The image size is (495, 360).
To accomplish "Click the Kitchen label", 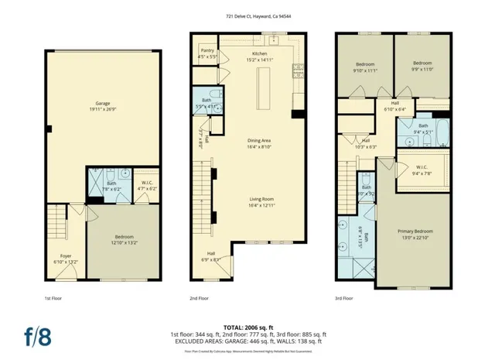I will pos(259,53).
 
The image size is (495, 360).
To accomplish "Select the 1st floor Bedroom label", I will pos(124,238).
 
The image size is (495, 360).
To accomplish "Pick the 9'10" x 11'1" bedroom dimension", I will pos(365,70).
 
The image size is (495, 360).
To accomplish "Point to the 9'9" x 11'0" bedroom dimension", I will pos(422,70).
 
